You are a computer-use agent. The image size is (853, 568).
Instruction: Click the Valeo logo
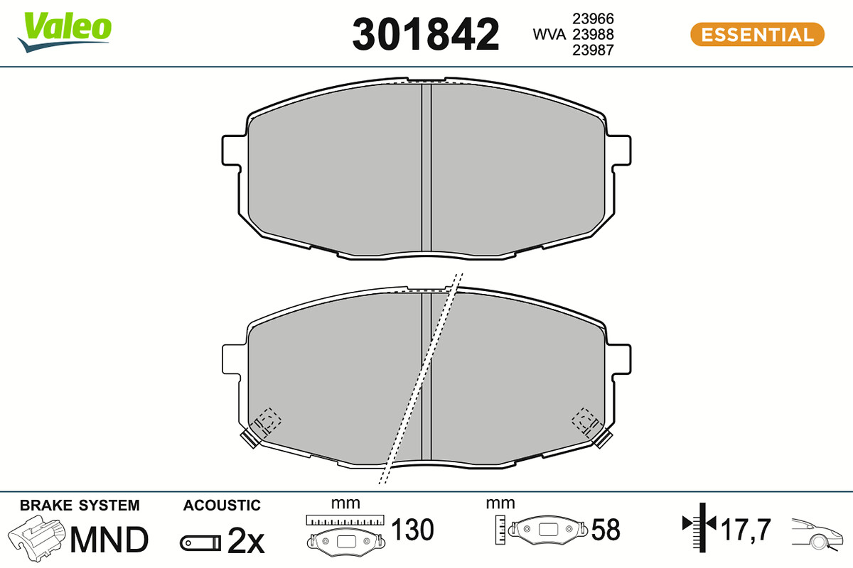click(x=65, y=32)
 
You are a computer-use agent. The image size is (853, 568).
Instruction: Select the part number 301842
click(x=425, y=34)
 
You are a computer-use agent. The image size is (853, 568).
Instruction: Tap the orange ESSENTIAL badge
click(x=757, y=35)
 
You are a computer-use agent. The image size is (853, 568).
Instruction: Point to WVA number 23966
click(x=593, y=18)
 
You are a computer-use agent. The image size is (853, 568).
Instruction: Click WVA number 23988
click(x=593, y=34)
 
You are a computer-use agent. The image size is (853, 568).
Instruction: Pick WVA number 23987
click(x=593, y=50)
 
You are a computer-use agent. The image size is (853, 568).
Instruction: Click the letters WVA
click(x=549, y=34)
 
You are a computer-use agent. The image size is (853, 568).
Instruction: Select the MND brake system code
click(x=109, y=540)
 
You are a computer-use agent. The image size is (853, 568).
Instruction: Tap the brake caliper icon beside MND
click(x=36, y=538)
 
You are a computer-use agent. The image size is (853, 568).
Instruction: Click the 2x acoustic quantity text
click(x=246, y=540)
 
